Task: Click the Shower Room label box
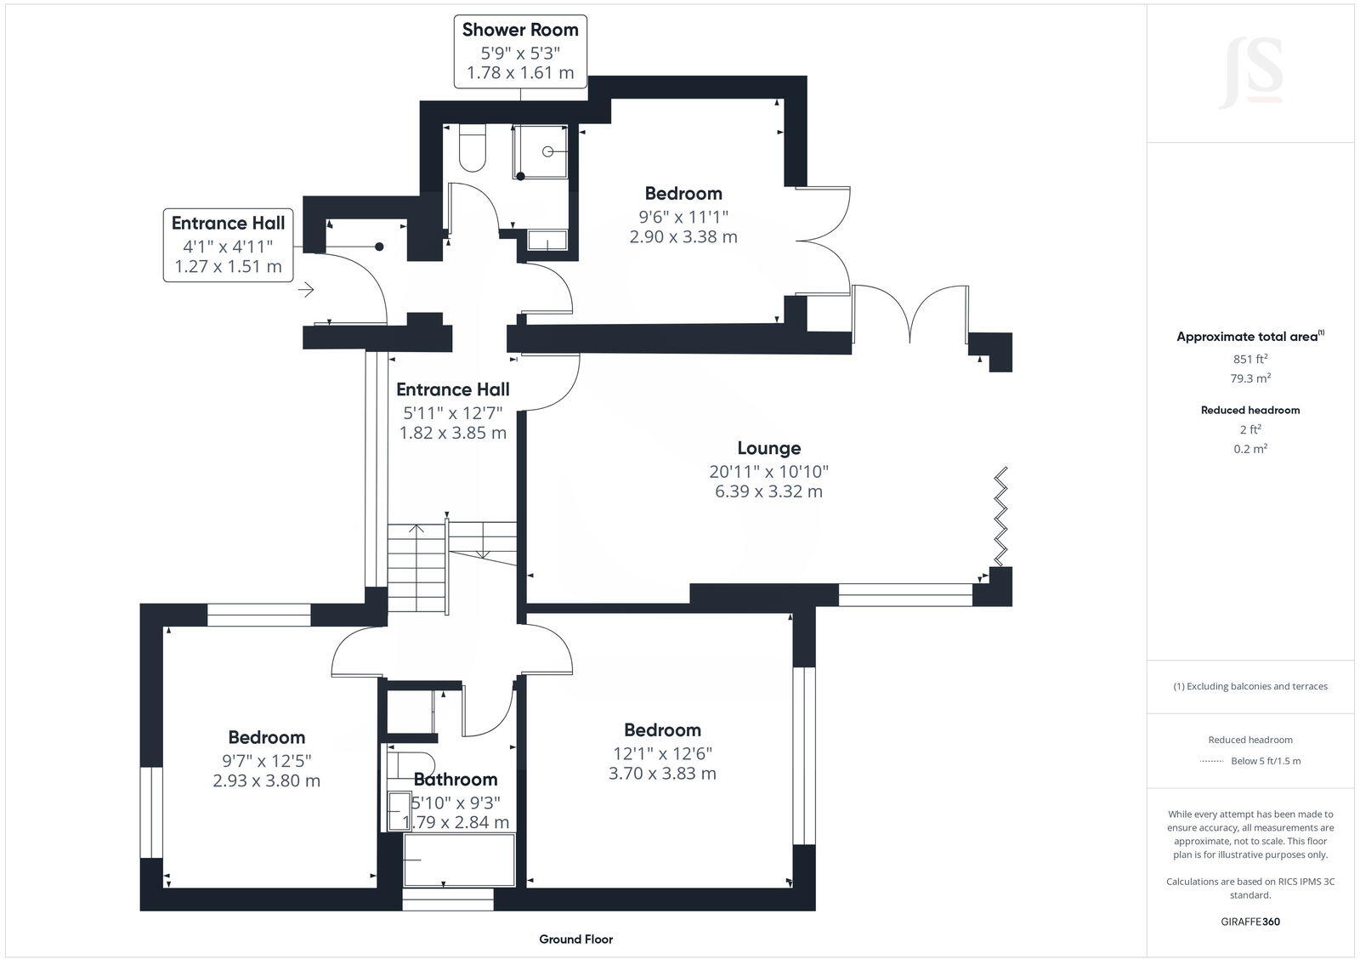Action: pyautogui.click(x=520, y=51)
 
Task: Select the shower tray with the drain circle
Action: pyautogui.click(x=541, y=152)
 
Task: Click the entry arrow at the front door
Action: pyautogui.click(x=306, y=291)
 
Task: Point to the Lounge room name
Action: pyautogui.click(x=768, y=448)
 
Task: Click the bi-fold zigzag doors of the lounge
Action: pyautogui.click(x=1002, y=515)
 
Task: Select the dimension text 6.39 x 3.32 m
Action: pyautogui.click(x=768, y=491)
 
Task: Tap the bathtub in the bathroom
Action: pyautogui.click(x=459, y=860)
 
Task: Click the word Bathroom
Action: pyautogui.click(x=456, y=780)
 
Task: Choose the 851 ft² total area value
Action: pyautogui.click(x=1249, y=359)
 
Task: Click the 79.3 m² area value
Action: pyautogui.click(x=1249, y=378)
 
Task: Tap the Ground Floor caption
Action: pyautogui.click(x=575, y=939)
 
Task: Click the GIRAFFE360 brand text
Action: pyautogui.click(x=1249, y=922)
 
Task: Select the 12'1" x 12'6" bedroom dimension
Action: pyautogui.click(x=662, y=753)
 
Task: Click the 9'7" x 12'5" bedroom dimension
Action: pyautogui.click(x=266, y=760)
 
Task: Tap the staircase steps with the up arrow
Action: pyautogui.click(x=417, y=565)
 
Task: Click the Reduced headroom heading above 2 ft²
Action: pyautogui.click(x=1249, y=410)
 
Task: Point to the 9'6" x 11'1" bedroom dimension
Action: pyautogui.click(x=683, y=217)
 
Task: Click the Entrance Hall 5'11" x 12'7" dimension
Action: pyautogui.click(x=453, y=413)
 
